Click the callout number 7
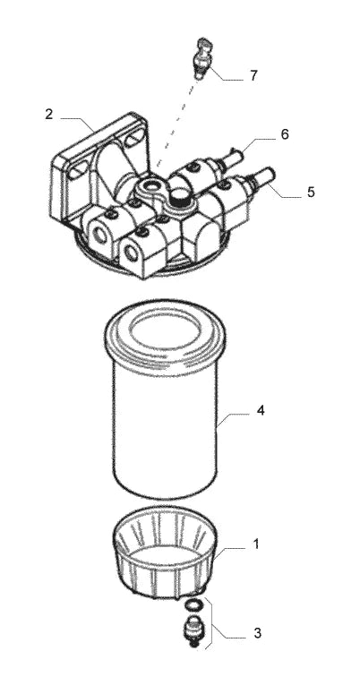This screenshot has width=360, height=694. pyautogui.click(x=253, y=76)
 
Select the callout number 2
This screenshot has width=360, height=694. pyautogui.click(x=48, y=115)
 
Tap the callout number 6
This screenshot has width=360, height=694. pyautogui.click(x=284, y=133)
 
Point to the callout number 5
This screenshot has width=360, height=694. pyautogui.click(x=311, y=192)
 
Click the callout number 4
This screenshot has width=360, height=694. pyautogui.click(x=261, y=410)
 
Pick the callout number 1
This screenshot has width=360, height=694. pyautogui.click(x=256, y=544)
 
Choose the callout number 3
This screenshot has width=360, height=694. pyautogui.click(x=257, y=633)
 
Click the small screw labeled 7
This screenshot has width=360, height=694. pyautogui.click(x=203, y=57)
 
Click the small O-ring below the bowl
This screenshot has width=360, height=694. pyautogui.click(x=193, y=604)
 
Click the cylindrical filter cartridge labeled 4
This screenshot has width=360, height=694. pyautogui.click(x=165, y=398)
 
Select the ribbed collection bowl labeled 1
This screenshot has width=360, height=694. pyautogui.click(x=165, y=552)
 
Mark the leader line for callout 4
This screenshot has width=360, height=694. pyautogui.click(x=233, y=418)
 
